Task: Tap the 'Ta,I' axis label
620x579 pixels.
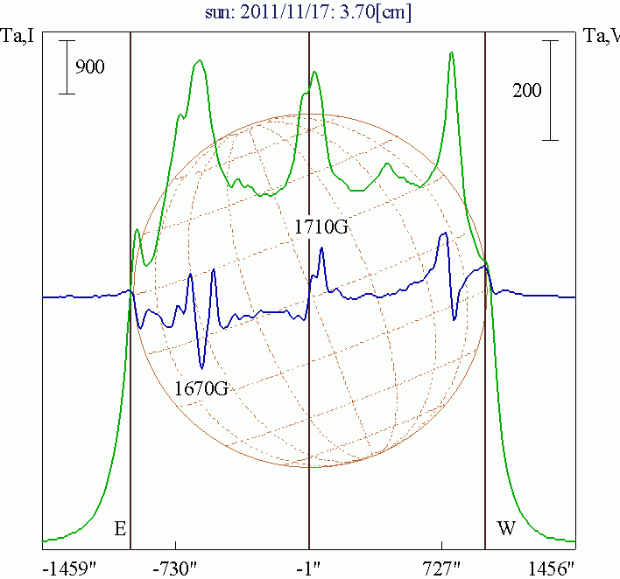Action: tap(18, 36)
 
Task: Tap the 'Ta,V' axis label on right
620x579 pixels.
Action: tap(601, 36)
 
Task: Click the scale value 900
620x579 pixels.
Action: tap(90, 66)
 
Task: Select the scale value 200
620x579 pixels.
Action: tap(526, 90)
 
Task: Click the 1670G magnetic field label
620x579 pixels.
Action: tap(201, 387)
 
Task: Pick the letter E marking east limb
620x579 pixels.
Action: tap(121, 528)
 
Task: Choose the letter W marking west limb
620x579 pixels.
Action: tap(506, 528)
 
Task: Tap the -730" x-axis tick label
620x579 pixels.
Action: tap(177, 568)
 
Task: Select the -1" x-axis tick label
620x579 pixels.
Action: tap(309, 568)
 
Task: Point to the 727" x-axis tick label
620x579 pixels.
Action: tap(443, 568)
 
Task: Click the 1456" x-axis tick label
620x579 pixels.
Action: tap(553, 568)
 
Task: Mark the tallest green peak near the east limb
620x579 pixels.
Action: tap(201, 60)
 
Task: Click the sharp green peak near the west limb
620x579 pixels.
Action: tap(451, 52)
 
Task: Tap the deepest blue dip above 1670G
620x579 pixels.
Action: tap(203, 366)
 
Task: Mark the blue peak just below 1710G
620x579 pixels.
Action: tap(322, 249)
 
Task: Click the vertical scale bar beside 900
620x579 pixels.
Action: tap(67, 66)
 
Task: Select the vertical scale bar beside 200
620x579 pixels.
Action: tap(550, 90)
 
